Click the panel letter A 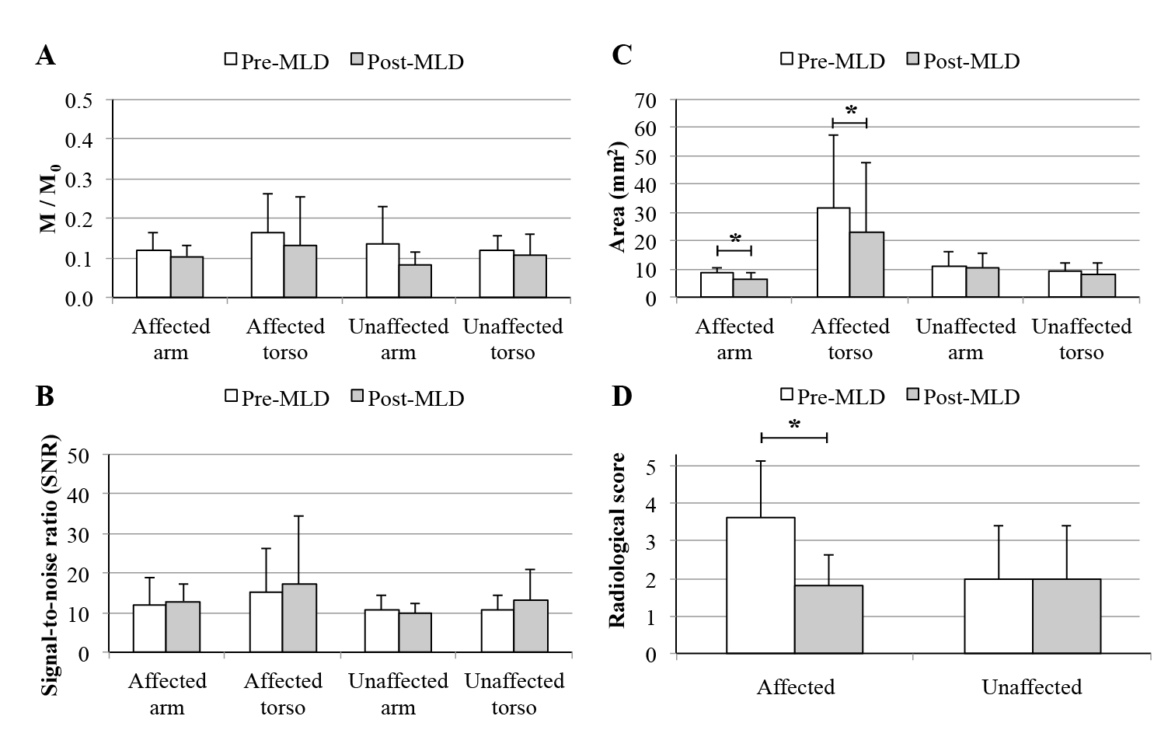point(46,56)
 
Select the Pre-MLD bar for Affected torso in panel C point(833,253)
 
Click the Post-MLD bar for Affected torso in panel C point(866,264)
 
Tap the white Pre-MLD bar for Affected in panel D point(760,585)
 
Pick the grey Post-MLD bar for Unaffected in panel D point(1066,616)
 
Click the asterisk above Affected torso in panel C point(850,110)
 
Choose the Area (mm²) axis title point(619,198)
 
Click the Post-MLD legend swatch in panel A point(357,61)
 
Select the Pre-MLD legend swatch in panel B point(232,396)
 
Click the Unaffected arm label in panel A point(398,339)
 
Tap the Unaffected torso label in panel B point(514,693)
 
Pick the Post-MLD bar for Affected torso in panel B point(299,617)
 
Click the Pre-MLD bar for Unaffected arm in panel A point(382,271)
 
